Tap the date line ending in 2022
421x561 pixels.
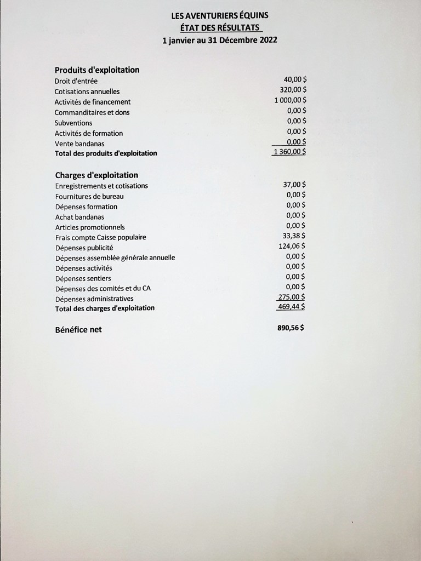(x=219, y=40)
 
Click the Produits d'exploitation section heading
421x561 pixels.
(x=97, y=70)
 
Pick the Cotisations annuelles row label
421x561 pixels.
(x=87, y=91)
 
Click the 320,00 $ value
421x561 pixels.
(x=293, y=90)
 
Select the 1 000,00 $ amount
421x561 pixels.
(x=290, y=100)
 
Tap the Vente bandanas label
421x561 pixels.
(x=79, y=143)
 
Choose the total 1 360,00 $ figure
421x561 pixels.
(x=289, y=152)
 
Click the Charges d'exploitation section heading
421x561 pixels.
(x=96, y=175)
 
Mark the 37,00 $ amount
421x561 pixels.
(x=294, y=185)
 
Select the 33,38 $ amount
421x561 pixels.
(x=294, y=236)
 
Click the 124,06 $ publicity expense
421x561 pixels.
(x=292, y=246)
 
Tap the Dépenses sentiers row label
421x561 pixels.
(x=83, y=279)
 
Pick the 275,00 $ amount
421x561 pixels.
(x=292, y=297)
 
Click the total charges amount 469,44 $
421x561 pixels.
(x=292, y=307)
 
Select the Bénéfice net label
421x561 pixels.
(x=78, y=330)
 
